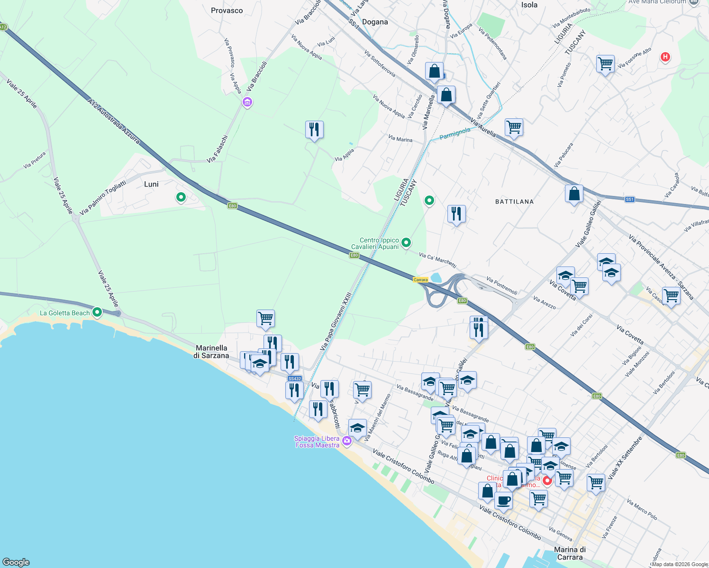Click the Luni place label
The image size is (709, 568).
(x=151, y=184)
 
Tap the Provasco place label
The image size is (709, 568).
(x=227, y=10)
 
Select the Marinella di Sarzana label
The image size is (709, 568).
(x=211, y=352)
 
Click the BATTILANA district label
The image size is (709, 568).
(x=514, y=202)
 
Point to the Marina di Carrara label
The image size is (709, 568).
(x=570, y=553)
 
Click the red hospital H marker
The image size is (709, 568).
(x=665, y=57)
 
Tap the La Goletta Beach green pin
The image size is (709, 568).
(x=97, y=312)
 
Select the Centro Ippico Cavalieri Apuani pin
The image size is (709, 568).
(x=406, y=243)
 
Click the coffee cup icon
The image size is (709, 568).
(x=503, y=500)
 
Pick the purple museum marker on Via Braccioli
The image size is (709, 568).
(x=247, y=102)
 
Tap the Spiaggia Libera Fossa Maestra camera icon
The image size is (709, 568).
(x=347, y=441)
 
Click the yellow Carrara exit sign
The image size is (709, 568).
(x=420, y=280)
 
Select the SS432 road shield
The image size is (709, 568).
(x=295, y=379)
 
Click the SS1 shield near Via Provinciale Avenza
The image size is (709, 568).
(x=629, y=199)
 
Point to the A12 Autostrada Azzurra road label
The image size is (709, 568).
(x=114, y=121)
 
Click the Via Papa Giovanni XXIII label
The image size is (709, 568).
(x=336, y=321)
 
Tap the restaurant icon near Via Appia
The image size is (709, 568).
(x=314, y=129)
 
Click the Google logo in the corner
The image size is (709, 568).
(x=16, y=562)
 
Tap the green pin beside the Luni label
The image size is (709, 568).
(x=181, y=197)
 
